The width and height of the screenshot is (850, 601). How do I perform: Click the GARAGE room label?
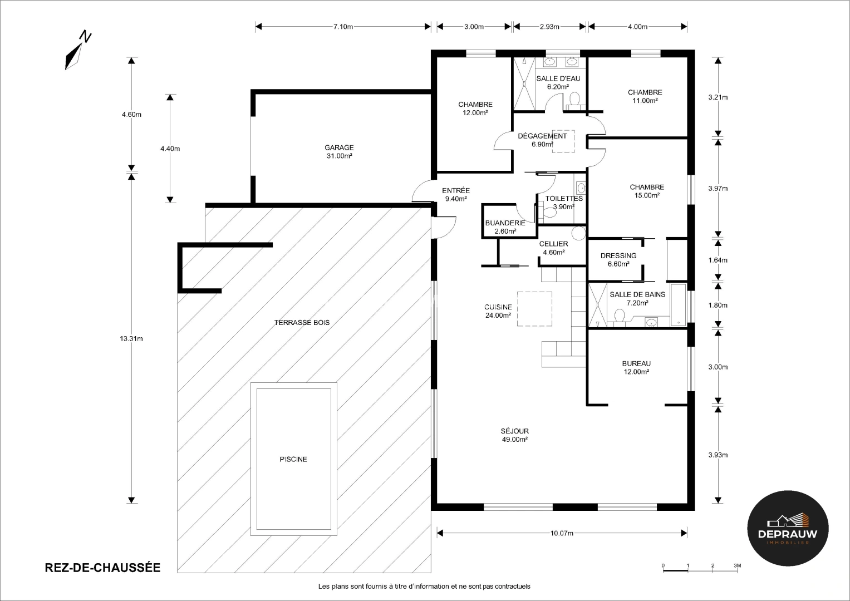(x=339, y=152)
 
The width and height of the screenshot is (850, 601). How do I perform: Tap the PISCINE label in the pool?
(x=293, y=460)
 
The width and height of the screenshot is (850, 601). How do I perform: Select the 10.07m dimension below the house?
(x=562, y=533)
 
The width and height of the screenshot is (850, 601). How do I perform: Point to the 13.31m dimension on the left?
(x=131, y=338)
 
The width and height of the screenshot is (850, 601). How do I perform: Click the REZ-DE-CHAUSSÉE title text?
(x=102, y=568)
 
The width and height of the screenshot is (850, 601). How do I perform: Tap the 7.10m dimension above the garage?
(x=343, y=26)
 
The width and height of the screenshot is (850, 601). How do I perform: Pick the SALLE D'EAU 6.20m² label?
(x=558, y=82)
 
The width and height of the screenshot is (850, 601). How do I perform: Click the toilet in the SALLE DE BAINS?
(x=619, y=316)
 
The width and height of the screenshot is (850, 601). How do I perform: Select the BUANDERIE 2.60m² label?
(x=505, y=227)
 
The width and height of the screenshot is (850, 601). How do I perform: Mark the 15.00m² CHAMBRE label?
(x=647, y=191)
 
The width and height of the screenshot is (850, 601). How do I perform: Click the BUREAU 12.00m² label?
(x=636, y=368)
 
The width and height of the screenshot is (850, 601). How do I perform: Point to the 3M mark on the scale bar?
(x=737, y=565)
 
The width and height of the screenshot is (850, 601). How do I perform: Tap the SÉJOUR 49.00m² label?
(x=514, y=435)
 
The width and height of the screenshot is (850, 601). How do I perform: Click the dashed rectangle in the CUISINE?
(x=534, y=309)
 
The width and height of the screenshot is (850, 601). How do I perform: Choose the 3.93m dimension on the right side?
(x=718, y=455)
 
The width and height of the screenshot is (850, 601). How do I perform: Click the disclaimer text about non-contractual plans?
(x=424, y=586)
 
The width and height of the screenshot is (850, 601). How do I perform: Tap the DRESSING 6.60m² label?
(x=618, y=260)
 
